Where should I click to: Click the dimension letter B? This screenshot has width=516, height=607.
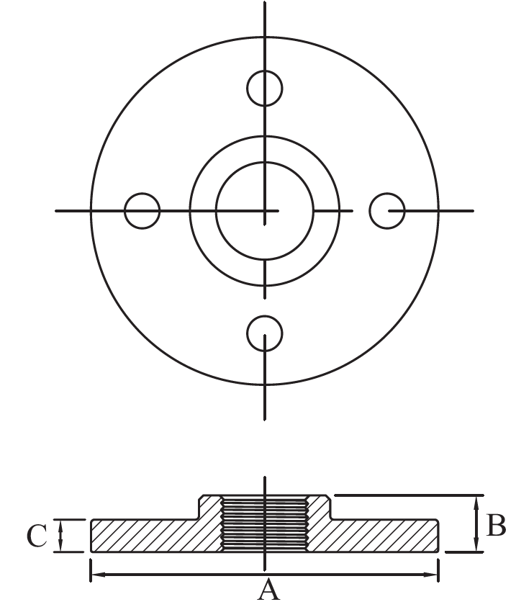[496, 526]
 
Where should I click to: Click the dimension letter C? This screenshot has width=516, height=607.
[37, 536]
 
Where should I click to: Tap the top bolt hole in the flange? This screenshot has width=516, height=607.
[265, 89]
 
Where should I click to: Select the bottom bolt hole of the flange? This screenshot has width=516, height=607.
[265, 333]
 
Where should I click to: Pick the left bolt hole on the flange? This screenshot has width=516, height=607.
[142, 211]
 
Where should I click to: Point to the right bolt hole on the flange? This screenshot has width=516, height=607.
[386, 211]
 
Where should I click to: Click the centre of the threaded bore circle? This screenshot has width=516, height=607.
[265, 211]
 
